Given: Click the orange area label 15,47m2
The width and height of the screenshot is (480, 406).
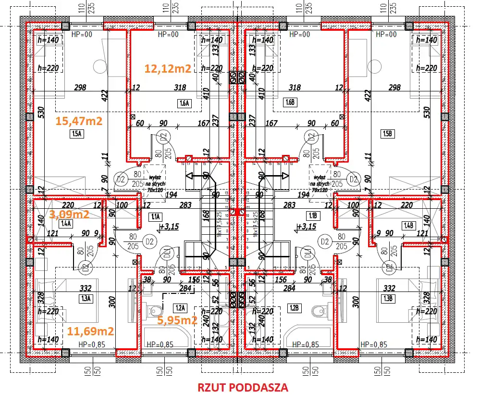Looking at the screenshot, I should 79,121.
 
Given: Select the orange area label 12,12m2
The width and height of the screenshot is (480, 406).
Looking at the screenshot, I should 168,68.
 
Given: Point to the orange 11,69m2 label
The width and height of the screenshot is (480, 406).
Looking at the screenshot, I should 90,331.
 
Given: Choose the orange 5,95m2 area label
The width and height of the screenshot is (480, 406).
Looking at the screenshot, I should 178,320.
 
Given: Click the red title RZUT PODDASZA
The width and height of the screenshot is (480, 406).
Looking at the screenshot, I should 243,388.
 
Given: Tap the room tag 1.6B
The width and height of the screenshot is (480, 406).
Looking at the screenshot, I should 290,102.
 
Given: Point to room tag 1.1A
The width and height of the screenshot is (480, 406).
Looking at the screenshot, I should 156,216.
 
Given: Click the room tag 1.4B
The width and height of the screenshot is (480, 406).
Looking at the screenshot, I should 409,225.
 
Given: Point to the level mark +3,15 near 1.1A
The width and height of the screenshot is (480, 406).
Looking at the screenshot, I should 171,227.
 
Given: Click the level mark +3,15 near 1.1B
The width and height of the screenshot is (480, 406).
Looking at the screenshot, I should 307,227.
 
